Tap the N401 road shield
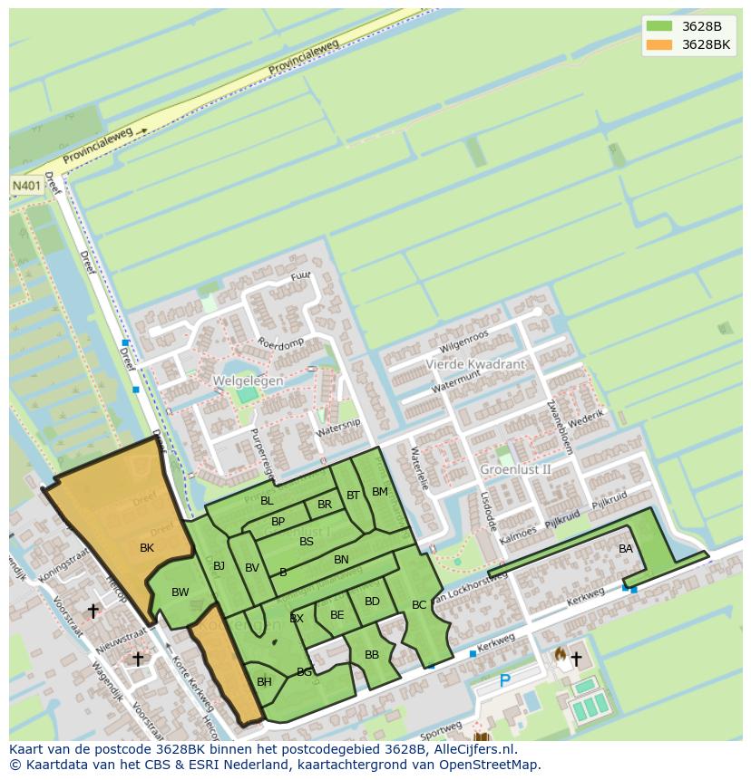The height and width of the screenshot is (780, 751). [26, 185]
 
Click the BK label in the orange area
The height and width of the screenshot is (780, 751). [147, 548]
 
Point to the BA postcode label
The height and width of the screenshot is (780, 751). [626, 549]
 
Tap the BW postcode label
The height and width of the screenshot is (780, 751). [180, 592]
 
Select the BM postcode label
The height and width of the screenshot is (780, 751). [380, 492]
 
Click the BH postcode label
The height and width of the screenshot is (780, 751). [264, 682]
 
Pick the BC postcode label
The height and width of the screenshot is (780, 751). [419, 605]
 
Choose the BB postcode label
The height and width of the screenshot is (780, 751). [372, 655]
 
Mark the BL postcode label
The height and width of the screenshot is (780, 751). [267, 501]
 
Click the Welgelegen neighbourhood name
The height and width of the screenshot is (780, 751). [248, 381]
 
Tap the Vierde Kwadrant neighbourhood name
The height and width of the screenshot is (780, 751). [475, 364]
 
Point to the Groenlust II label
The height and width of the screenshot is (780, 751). [515, 469]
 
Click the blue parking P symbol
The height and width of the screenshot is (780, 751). [505, 681]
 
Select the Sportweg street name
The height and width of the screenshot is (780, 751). [442, 728]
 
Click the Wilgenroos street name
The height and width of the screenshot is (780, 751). [463, 342]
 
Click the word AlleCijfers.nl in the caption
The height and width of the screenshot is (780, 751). [473, 749]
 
